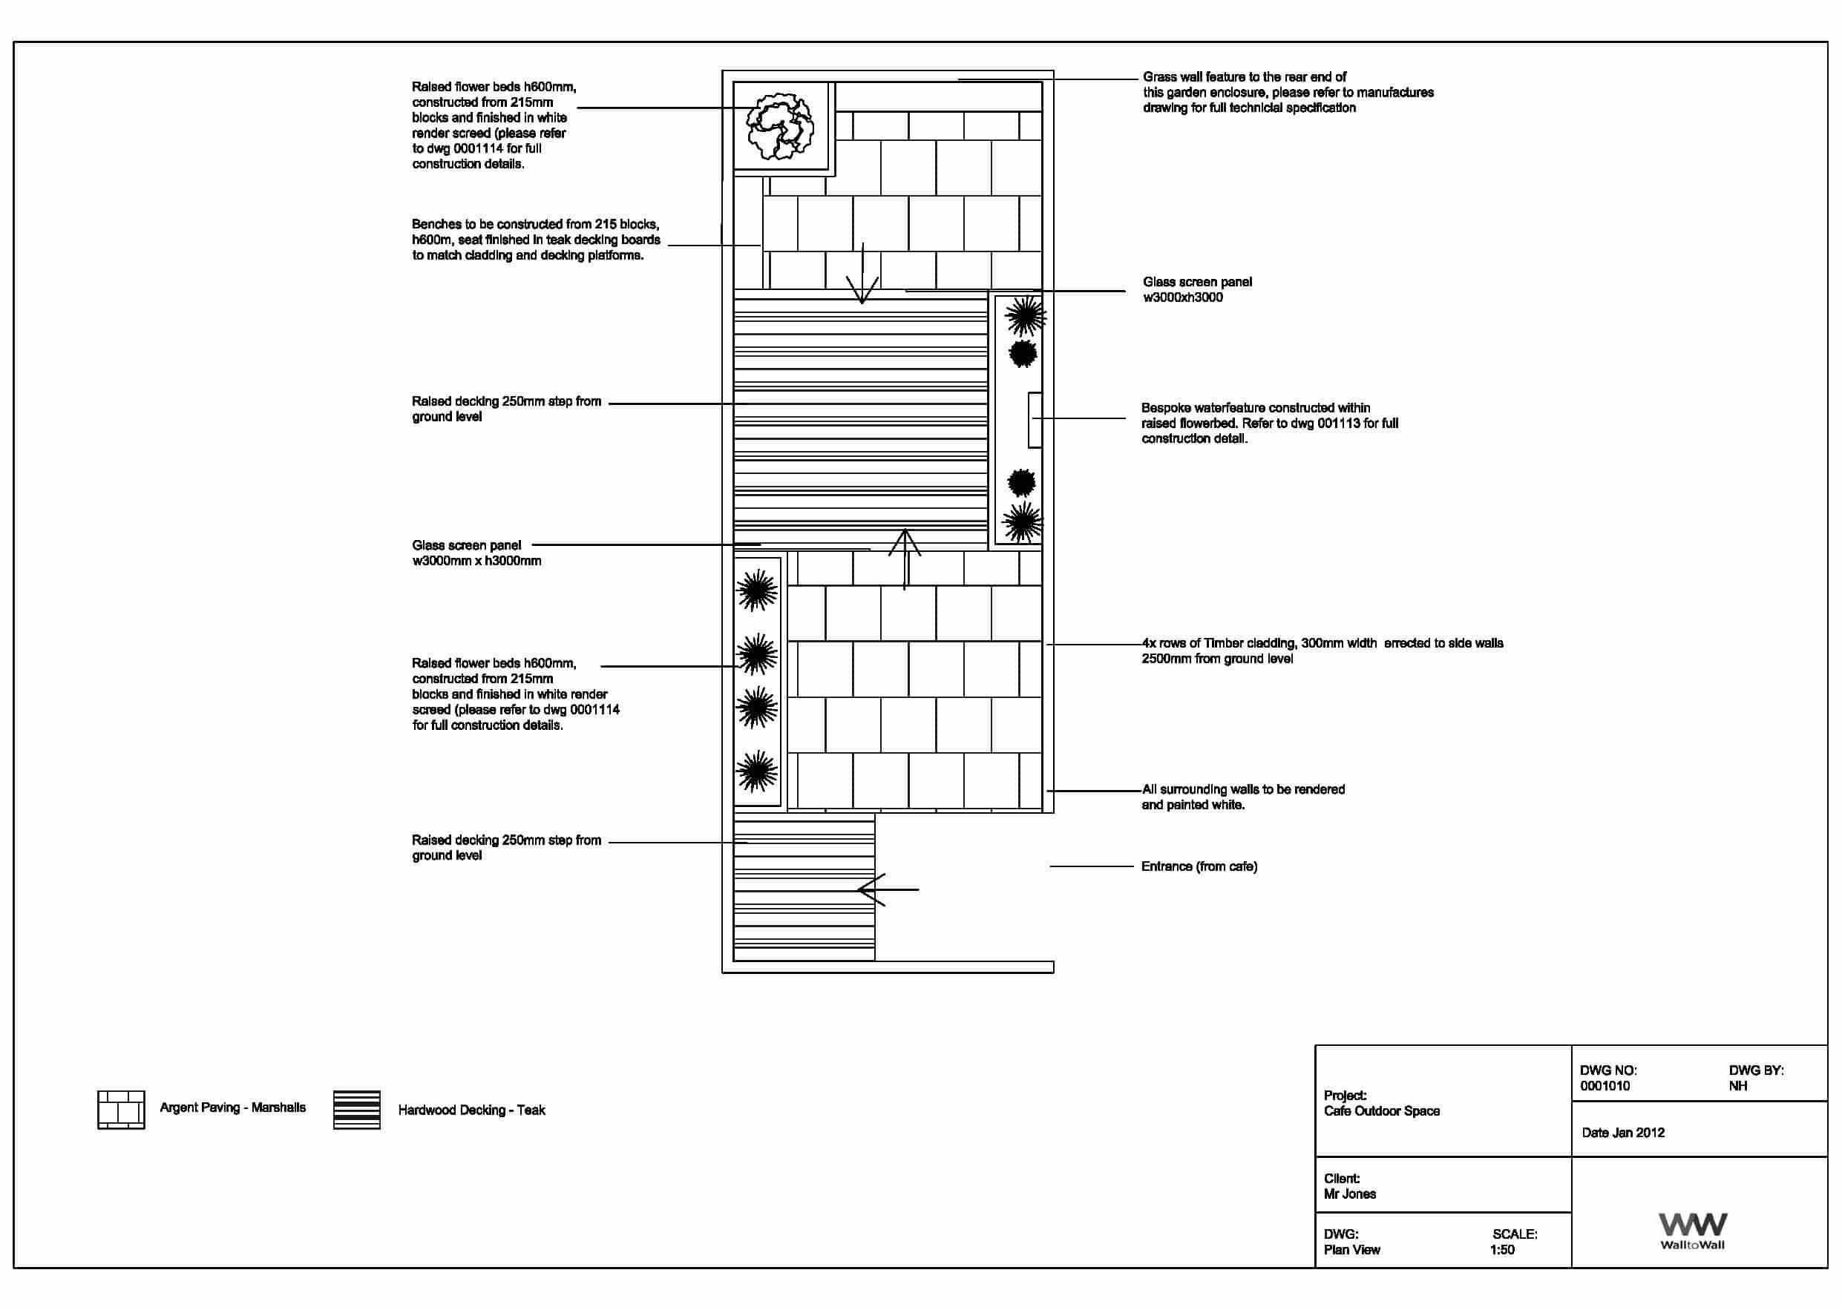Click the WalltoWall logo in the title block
[x=1692, y=1230]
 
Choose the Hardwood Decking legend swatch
[x=357, y=1110]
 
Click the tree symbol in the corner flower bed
[x=779, y=127]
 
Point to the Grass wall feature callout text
[x=1288, y=92]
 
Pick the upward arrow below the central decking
[x=905, y=557]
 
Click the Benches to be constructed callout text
[x=536, y=240]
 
